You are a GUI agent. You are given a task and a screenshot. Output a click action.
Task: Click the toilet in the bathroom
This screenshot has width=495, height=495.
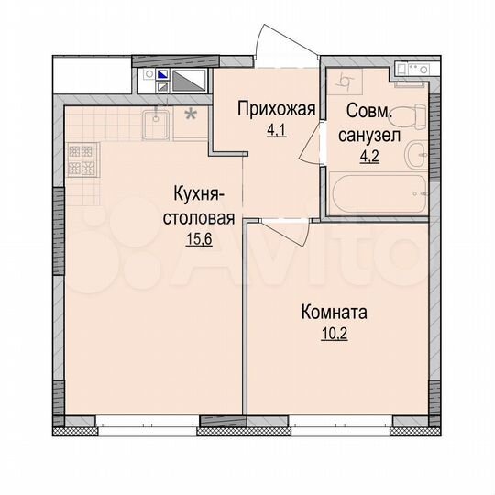coord(412,115)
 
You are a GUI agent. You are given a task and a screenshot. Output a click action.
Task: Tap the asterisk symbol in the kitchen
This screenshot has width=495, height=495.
coord(191,115)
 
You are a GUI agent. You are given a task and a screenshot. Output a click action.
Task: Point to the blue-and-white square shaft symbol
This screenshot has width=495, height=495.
coord(162,75)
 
